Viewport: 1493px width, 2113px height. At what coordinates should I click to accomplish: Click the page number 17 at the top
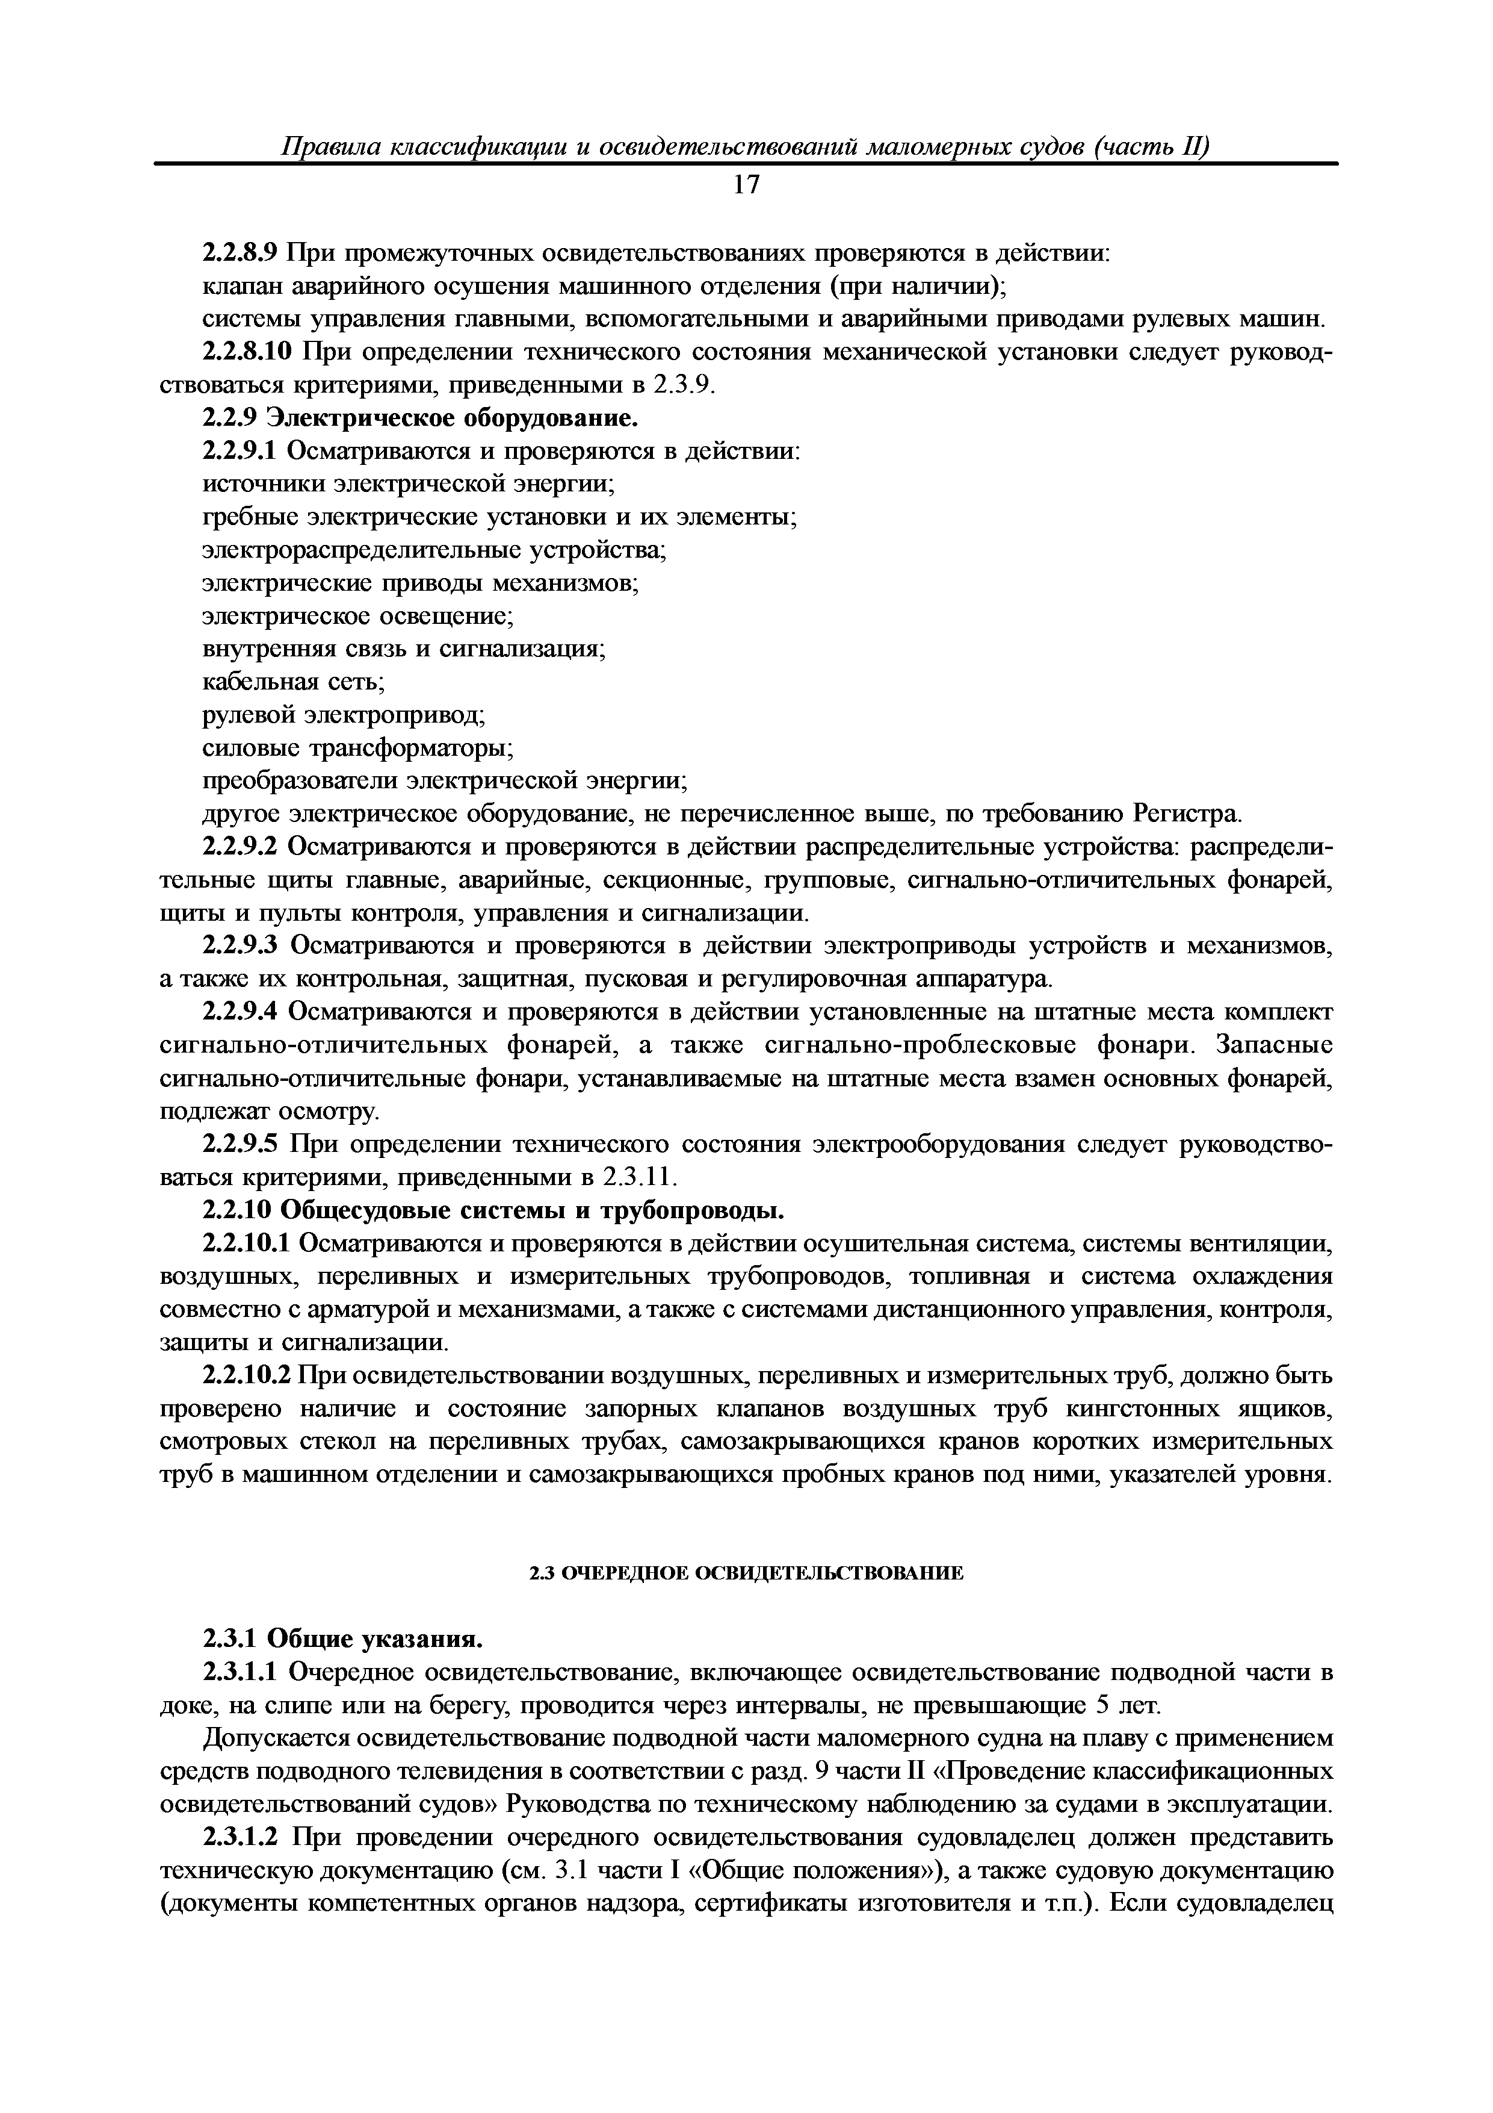pos(746,186)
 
